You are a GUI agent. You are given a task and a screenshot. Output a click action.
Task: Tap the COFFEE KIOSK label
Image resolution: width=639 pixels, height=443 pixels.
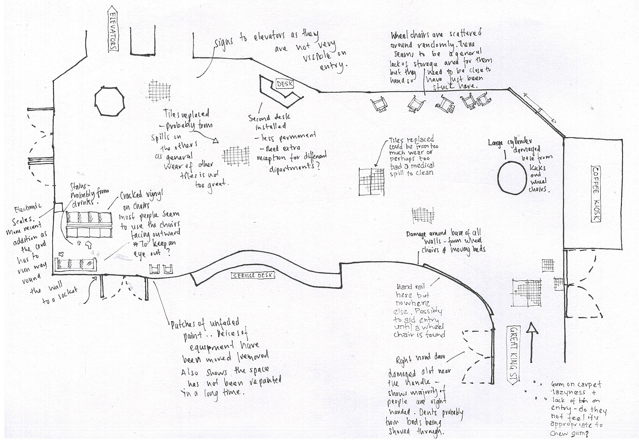tap(596, 194)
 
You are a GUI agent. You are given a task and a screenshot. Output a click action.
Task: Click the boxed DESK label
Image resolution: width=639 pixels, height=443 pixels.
tap(284, 84)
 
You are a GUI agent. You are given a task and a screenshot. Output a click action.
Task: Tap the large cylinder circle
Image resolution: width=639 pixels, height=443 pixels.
tap(512, 177)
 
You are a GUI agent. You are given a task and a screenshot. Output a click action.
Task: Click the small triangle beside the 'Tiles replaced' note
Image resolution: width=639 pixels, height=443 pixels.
tap(216, 140)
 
